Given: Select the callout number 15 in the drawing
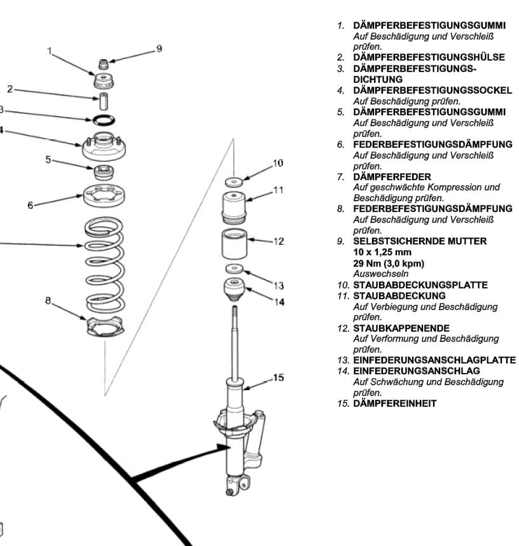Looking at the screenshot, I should point(278,377).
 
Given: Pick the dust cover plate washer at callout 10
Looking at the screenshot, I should point(235,181).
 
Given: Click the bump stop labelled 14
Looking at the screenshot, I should point(235,290).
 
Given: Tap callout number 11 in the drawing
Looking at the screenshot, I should point(278,190).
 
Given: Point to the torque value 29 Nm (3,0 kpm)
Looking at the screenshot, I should point(389,263).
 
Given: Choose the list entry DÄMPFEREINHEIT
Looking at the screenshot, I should point(394,403).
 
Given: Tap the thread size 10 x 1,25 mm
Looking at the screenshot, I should point(382,252).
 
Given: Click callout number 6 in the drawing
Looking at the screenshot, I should point(30,206).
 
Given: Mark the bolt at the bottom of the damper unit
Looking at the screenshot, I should point(228,492).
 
